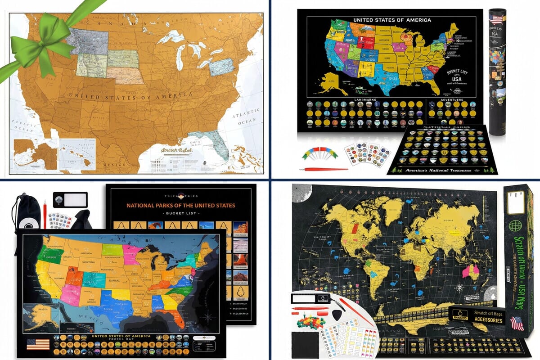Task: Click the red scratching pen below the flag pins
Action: coord(324,169)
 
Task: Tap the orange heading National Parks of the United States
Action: coord(180,205)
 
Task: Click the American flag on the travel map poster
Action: coord(38,344)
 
